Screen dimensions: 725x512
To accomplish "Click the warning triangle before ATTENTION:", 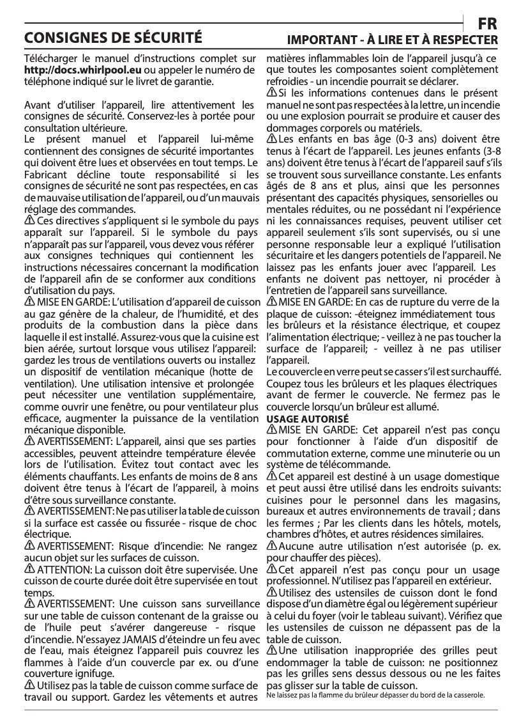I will [x=29, y=569].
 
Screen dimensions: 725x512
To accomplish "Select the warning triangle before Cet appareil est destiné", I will [x=271, y=476].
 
